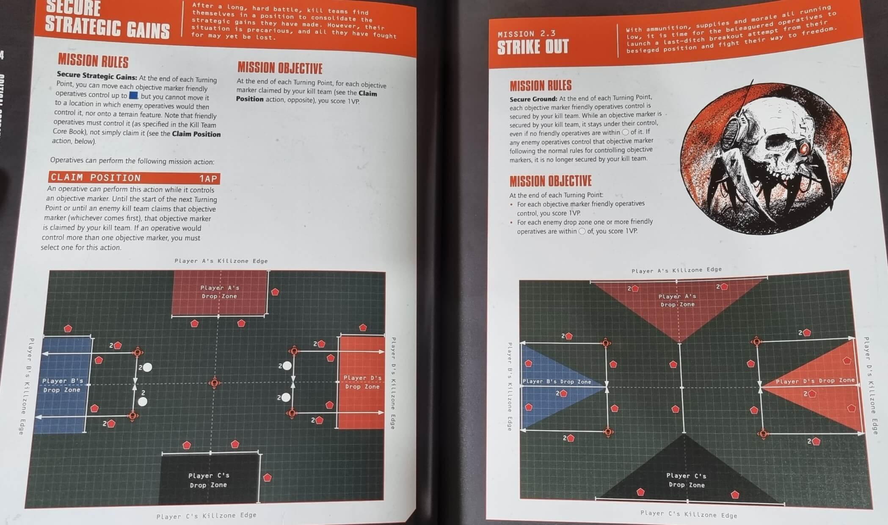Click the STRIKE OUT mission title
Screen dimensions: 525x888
pyautogui.click(x=532, y=47)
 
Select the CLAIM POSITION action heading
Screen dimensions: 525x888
pyautogui.click(x=96, y=178)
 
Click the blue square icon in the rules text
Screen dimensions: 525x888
pyautogui.click(x=133, y=96)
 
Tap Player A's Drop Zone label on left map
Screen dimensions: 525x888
pyautogui.click(x=219, y=292)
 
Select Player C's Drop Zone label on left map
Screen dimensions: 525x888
pyautogui.click(x=208, y=480)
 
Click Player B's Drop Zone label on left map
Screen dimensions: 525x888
pyautogui.click(x=62, y=385)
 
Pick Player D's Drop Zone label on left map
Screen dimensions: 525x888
pyautogui.click(x=362, y=382)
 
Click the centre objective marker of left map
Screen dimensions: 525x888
pyautogui.click(x=215, y=383)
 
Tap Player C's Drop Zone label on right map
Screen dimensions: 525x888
pyautogui.click(x=686, y=480)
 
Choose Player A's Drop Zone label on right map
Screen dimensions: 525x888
pyautogui.click(x=677, y=300)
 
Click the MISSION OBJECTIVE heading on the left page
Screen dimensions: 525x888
pyautogui.click(x=280, y=68)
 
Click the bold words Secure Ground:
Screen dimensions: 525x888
pyautogui.click(x=533, y=99)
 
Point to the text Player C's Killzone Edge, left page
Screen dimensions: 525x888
pyautogui.click(x=206, y=515)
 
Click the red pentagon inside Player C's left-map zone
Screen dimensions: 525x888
pyautogui.click(x=267, y=478)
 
